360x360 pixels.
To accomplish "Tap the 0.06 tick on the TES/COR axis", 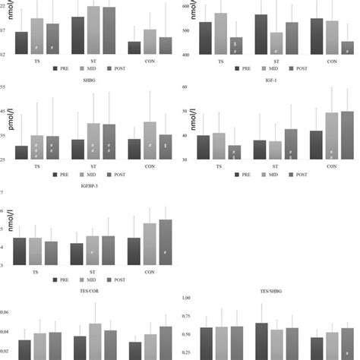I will [6, 312].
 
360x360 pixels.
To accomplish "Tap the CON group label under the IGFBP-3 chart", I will [149, 271].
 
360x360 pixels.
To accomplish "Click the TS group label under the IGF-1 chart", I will [220, 166].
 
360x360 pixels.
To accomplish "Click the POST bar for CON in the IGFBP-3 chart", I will [165, 242].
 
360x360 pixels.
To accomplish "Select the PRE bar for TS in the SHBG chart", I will [21, 152].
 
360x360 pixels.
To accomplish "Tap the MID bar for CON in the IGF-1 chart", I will [331, 136].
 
